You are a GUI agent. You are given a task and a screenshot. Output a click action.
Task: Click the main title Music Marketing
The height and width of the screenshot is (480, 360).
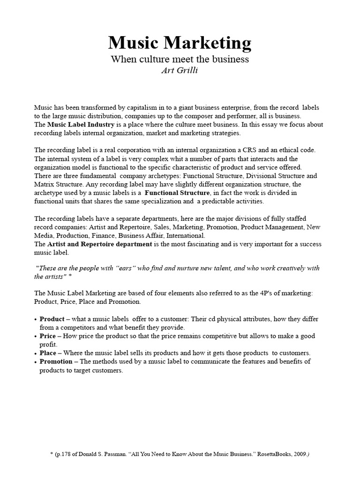point(180,43)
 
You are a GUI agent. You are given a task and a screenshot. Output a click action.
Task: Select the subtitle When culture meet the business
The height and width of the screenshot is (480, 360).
point(180,60)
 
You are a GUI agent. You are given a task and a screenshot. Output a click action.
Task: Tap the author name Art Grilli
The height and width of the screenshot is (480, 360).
point(179,70)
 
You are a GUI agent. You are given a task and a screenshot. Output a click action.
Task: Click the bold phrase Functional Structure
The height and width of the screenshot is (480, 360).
point(177,193)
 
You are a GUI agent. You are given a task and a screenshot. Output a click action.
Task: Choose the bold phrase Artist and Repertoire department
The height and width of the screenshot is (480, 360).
point(99,244)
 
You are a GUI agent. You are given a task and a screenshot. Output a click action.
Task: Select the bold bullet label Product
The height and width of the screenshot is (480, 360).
point(52,319)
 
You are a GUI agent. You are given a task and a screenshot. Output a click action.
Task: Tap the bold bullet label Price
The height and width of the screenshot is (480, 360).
point(48,336)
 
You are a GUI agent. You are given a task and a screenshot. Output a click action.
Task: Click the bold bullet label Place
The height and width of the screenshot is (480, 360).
point(48,353)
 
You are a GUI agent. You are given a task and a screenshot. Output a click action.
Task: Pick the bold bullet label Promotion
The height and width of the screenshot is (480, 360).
point(56,361)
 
